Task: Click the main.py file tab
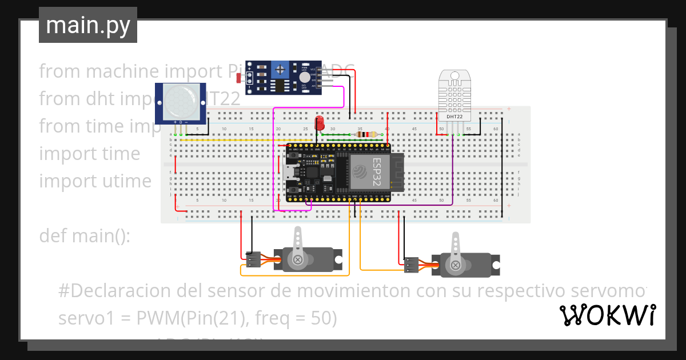[87, 25]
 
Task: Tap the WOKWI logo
[607, 315]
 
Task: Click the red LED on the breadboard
[320, 123]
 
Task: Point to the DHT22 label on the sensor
[455, 117]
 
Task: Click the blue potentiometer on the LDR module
[280, 70]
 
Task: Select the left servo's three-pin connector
[253, 259]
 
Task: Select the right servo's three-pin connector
[410, 265]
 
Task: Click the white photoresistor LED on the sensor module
[305, 77]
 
